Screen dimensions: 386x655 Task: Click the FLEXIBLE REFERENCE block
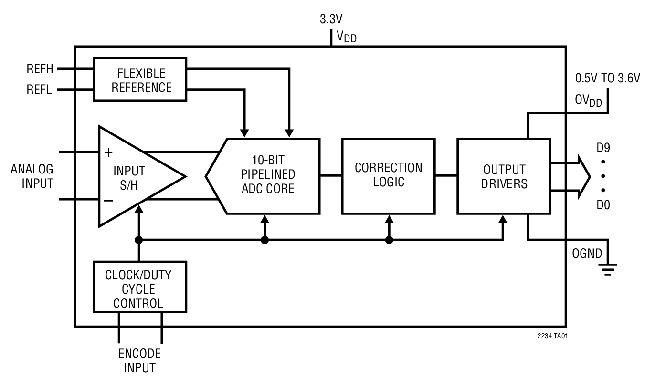coord(139,79)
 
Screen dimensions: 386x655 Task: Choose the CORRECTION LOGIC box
coord(388,175)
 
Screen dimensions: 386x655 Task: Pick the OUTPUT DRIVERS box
coord(504,176)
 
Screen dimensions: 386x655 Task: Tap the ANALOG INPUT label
coord(32,176)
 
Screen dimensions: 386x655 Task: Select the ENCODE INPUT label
coord(139,361)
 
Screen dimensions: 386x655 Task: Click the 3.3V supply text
coord(331,20)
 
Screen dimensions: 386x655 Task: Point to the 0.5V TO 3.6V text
coord(607,79)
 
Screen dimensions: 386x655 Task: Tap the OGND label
coord(587,253)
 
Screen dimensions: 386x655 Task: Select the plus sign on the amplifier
coord(109,153)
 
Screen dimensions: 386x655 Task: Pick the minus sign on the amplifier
coord(109,200)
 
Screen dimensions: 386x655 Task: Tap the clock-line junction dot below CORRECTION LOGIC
coord(389,240)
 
